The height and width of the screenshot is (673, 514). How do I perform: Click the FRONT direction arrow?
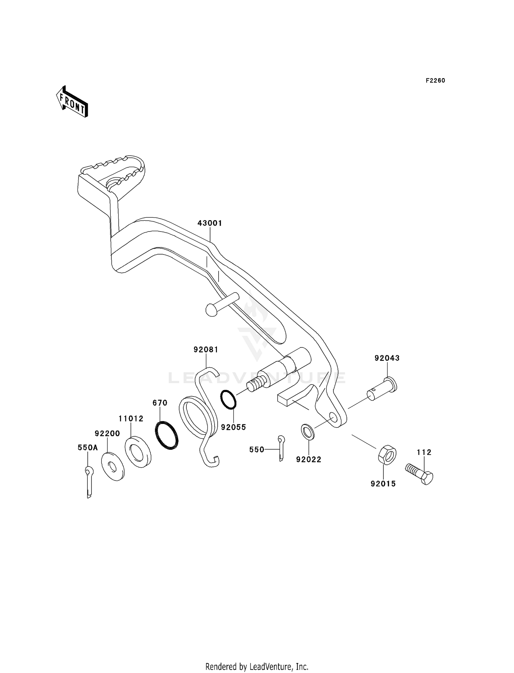click(72, 102)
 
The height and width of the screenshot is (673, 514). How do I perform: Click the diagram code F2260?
click(435, 81)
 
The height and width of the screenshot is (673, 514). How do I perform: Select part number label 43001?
click(210, 223)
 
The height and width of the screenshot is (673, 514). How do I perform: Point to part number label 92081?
click(206, 350)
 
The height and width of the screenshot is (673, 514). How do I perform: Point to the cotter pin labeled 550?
click(281, 448)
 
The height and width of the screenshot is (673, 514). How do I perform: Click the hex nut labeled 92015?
click(387, 455)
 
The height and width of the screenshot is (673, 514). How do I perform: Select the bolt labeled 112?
click(419, 473)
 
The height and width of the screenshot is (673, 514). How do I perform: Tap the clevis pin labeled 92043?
click(383, 389)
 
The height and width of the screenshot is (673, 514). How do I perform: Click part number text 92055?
click(233, 427)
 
